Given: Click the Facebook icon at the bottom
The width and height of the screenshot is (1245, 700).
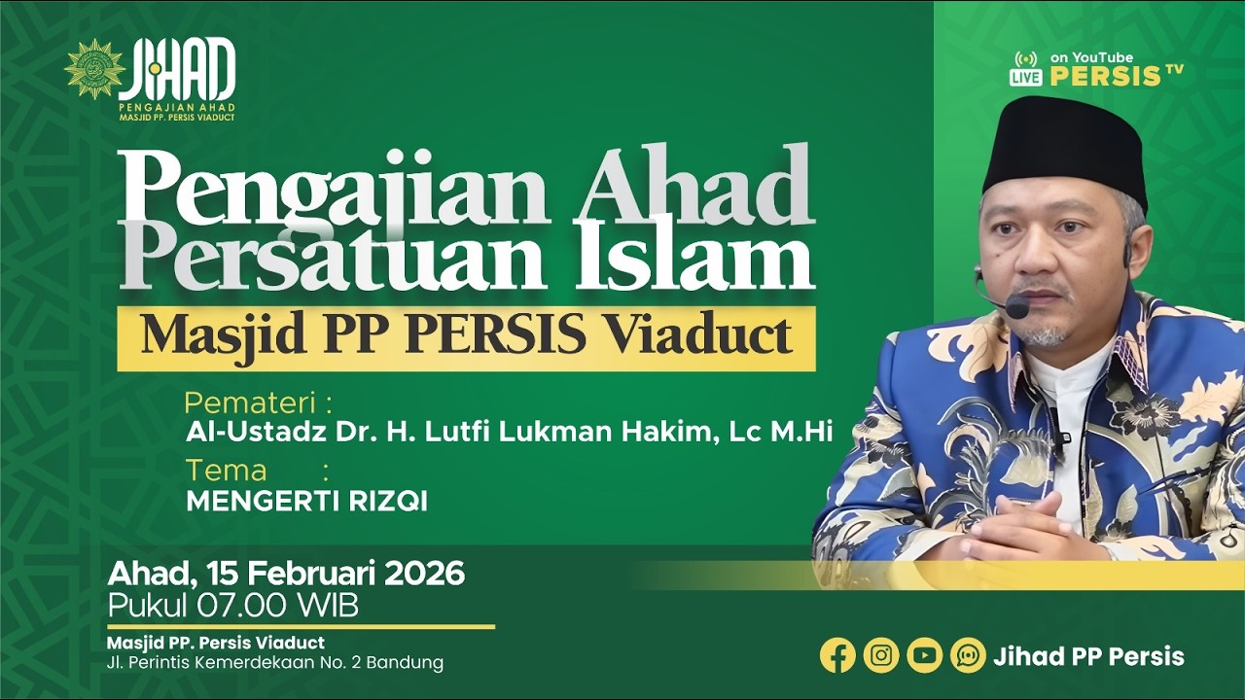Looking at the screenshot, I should tap(837, 655).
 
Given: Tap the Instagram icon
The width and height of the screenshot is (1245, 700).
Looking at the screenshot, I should tap(881, 655).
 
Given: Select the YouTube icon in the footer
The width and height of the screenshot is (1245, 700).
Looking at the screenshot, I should tap(925, 655).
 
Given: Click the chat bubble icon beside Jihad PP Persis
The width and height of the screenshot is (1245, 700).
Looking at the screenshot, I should tap(968, 655).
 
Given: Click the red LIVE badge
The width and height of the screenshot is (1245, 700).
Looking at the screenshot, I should tap(1025, 77).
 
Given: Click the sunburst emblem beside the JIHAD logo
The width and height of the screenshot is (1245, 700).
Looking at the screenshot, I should tap(94, 69).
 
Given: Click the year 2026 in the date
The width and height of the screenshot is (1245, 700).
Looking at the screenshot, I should tap(424, 574).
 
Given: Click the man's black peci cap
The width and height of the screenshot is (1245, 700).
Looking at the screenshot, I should tap(1064, 143).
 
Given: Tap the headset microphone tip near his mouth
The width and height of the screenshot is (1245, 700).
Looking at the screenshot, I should tap(1016, 308).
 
